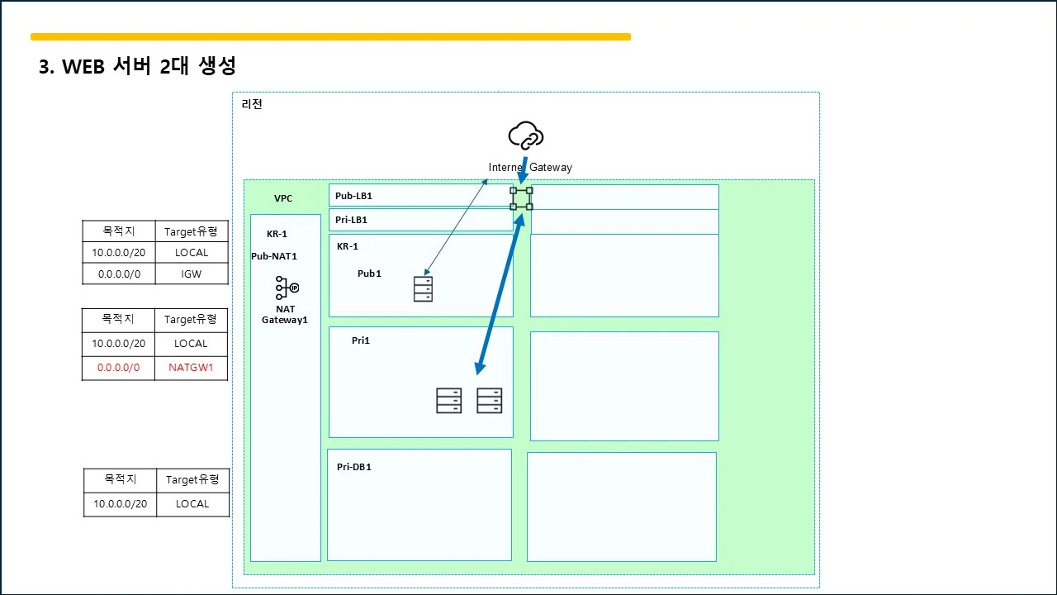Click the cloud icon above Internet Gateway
coord(526,136)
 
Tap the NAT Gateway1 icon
coord(287,288)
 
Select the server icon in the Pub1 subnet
coord(423,289)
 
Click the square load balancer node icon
coord(521,198)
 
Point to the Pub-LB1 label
coord(353,196)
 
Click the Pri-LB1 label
coord(351,220)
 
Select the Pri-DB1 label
coord(354,467)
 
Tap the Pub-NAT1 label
coord(274,256)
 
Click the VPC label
coord(283,198)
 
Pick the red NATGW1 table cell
coord(191,368)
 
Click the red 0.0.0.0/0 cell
coord(118,368)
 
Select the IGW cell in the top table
coord(192,274)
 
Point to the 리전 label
coord(252,104)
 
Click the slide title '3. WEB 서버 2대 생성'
coord(137,65)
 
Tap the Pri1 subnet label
coord(361,340)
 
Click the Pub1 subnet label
coord(369,274)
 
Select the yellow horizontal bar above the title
coord(331,37)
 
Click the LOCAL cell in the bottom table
coord(192,504)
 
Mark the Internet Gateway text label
coord(530,167)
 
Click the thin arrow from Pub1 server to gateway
coord(456,226)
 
